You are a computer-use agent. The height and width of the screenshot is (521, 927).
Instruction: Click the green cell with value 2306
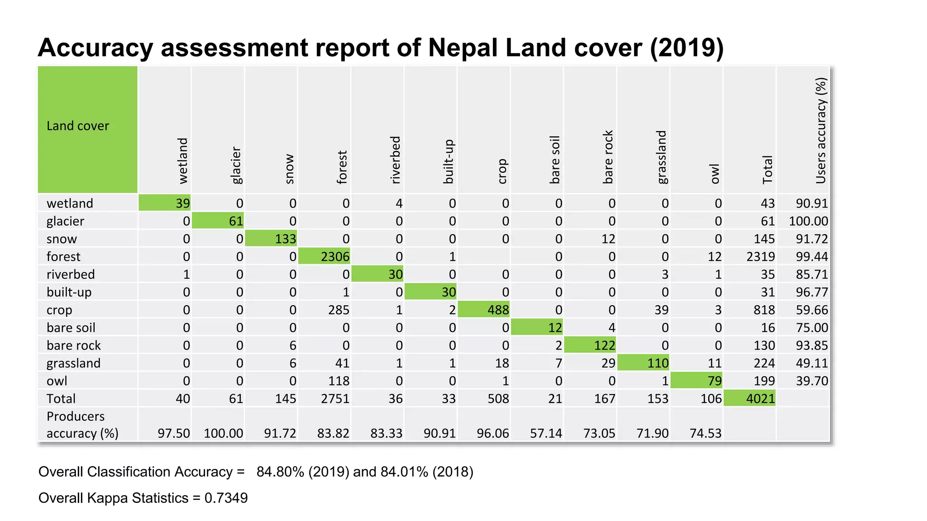324,256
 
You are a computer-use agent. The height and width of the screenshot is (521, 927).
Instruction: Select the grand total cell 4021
750,398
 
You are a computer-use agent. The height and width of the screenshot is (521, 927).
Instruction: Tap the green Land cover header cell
87,129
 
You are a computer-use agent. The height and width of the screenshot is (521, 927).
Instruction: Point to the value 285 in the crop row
339,310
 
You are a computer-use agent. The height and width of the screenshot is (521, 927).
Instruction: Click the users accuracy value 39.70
812,381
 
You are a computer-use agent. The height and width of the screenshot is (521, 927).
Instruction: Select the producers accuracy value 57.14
546,433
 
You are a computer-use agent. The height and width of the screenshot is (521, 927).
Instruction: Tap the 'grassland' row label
73,363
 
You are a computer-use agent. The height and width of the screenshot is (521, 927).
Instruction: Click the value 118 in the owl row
339,381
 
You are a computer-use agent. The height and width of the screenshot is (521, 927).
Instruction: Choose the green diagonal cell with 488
484,310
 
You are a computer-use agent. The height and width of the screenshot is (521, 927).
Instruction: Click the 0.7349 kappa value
226,498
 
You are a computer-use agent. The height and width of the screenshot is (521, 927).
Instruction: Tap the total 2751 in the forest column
335,398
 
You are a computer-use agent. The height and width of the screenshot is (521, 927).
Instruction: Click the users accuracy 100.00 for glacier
808,221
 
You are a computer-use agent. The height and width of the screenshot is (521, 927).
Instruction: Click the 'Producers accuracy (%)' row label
82,425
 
